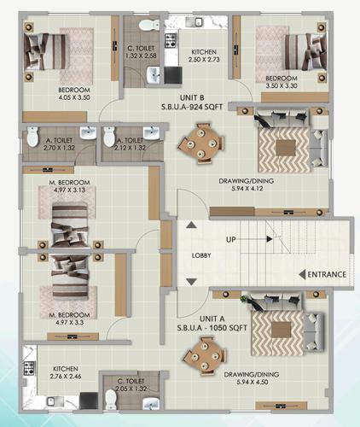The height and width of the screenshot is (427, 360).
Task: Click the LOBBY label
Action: (201, 255)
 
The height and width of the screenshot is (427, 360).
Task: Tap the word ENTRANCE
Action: (328, 274)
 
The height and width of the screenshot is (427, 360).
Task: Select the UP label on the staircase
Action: (230, 240)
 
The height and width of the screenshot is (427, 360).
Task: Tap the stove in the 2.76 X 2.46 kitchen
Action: (28, 369)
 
